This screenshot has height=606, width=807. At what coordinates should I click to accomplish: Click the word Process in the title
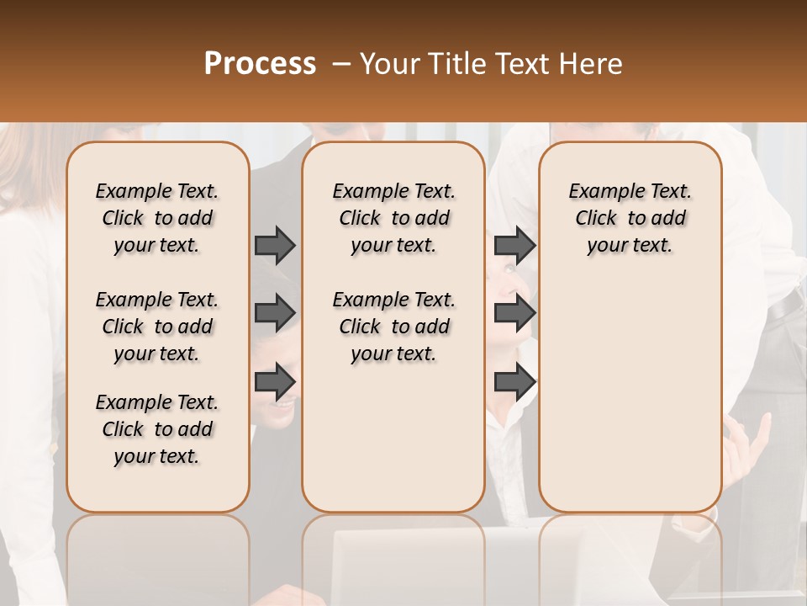260,64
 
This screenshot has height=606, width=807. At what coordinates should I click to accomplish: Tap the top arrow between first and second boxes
275,246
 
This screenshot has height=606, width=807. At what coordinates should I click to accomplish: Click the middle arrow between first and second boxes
275,313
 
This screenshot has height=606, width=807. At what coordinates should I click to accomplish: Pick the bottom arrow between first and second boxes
275,382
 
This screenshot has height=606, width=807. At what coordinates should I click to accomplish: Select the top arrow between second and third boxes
514,246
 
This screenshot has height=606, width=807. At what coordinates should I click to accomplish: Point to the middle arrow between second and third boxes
514,313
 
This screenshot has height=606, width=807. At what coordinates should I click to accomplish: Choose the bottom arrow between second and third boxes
514,382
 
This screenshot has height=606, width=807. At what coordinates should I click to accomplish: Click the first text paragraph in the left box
157,218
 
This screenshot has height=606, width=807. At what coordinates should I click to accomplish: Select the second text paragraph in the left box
157,327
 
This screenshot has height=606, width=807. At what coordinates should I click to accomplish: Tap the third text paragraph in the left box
157,429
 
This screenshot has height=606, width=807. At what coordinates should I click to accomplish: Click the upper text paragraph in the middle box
393,218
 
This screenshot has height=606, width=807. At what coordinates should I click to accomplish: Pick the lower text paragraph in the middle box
393,327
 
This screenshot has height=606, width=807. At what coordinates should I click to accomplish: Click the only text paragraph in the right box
630,218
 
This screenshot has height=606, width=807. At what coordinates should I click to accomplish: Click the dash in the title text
340,64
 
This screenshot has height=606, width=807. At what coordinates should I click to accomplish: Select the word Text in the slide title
522,64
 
